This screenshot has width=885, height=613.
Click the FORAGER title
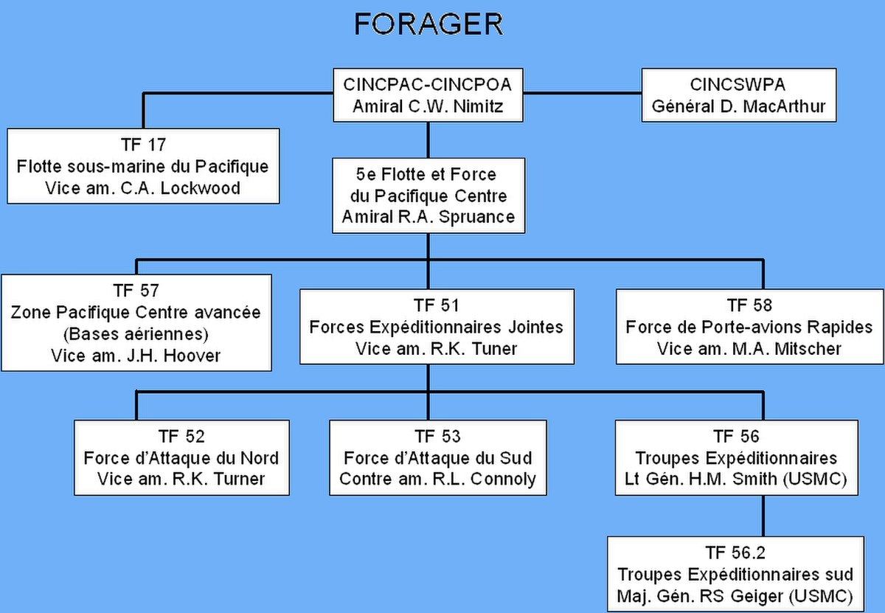point(428,24)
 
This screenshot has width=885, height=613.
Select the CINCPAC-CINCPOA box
point(428,95)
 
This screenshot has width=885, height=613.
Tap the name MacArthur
point(784,106)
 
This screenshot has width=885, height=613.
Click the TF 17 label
point(143,145)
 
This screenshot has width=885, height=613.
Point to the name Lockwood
point(201,188)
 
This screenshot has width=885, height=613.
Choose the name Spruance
point(476,217)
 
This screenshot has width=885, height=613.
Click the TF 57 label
point(136,291)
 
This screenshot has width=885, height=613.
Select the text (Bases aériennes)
point(136,334)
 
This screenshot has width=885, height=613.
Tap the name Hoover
point(192,356)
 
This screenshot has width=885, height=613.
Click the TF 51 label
point(437,305)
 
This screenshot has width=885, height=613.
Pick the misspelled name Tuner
point(495,349)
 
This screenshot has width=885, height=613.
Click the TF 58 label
point(749,305)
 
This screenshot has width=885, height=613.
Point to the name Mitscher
point(808,349)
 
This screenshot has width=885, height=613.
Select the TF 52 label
point(181,437)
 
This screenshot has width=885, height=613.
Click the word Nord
point(260,458)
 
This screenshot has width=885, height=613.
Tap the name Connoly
point(503,479)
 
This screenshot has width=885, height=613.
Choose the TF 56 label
point(737,437)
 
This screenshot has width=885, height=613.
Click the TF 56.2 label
point(736,553)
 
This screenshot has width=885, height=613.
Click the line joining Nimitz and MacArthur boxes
point(583,93)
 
